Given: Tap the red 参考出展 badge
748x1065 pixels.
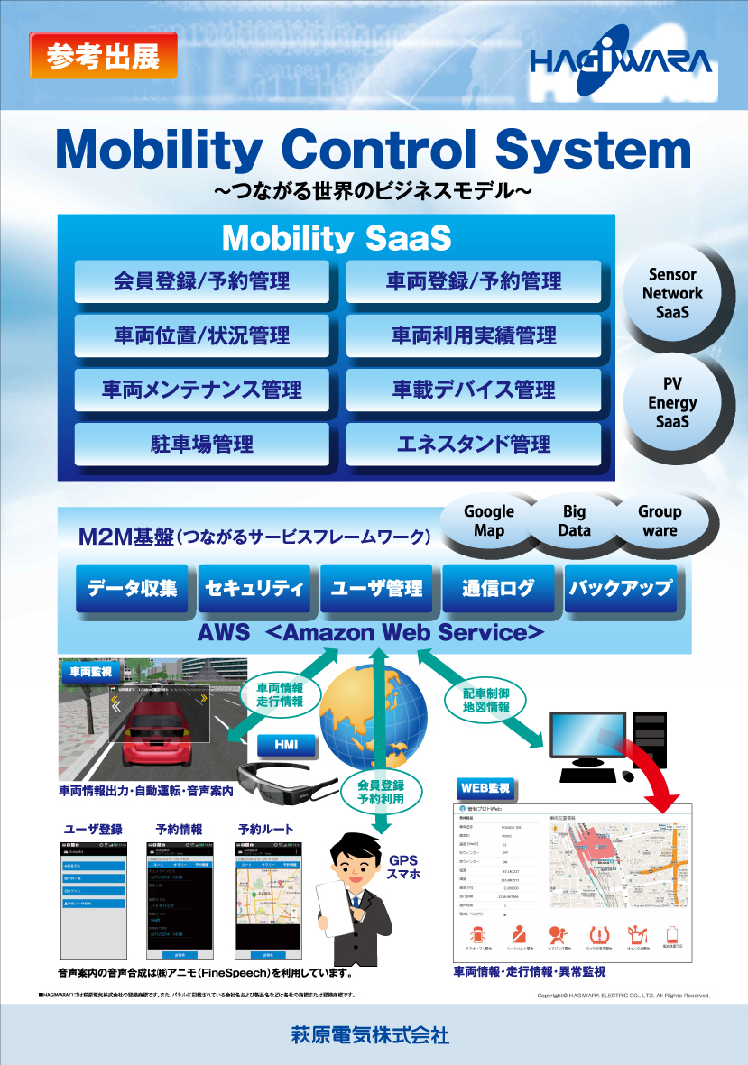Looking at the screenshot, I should [97, 56].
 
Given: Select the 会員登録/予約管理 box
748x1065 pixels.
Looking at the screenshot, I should [201, 281].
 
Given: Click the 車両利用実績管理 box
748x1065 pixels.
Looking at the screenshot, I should [474, 335].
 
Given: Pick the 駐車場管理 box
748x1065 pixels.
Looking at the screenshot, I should [201, 444].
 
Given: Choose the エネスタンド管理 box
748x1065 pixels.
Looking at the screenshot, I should [474, 444].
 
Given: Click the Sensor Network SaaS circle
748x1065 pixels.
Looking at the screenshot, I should [672, 293].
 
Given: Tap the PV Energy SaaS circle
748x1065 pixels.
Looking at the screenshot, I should [672, 403].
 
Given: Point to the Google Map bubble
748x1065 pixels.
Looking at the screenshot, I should [488, 521].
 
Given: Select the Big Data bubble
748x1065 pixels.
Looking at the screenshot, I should [574, 521].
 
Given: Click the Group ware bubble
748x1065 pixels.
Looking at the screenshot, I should [660, 521].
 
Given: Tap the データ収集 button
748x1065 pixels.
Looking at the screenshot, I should [132, 589].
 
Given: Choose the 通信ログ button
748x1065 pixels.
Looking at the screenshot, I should [498, 589].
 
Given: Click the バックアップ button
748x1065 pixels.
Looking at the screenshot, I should [620, 589].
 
